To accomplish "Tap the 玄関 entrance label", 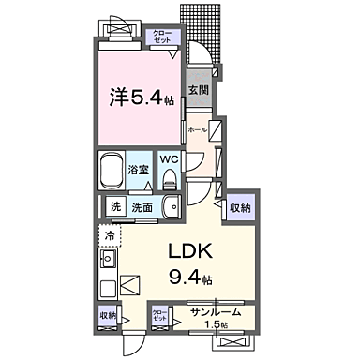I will (197, 91).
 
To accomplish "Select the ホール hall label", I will (196, 129).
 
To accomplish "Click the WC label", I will (169, 158).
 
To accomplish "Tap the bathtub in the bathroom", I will (120, 169).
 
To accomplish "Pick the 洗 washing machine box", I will (115, 207).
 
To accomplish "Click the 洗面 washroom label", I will (141, 207).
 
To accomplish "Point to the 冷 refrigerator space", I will (110, 234).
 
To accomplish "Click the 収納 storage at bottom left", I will (108, 316).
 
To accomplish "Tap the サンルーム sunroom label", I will (215, 311).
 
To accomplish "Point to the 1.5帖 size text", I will (217, 324).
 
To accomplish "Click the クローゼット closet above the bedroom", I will (162, 37).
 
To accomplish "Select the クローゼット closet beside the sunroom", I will (160, 315).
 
